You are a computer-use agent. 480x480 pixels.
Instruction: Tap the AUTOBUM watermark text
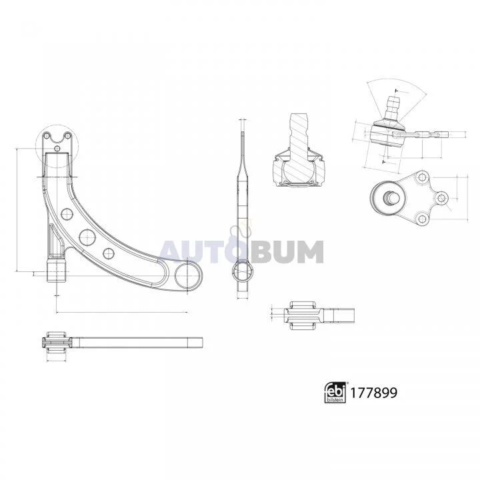point(241,251)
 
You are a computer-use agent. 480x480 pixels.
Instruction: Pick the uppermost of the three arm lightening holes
point(66,214)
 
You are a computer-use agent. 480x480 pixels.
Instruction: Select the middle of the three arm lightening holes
point(85,235)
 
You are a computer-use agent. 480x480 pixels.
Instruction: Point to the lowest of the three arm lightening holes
point(109,252)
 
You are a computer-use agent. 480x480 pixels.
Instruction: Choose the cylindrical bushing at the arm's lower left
point(57,271)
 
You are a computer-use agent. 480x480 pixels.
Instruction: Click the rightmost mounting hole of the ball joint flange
point(441,198)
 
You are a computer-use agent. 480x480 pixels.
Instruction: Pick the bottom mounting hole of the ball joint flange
point(421,218)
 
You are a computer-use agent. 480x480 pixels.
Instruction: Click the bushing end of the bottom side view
point(56,343)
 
